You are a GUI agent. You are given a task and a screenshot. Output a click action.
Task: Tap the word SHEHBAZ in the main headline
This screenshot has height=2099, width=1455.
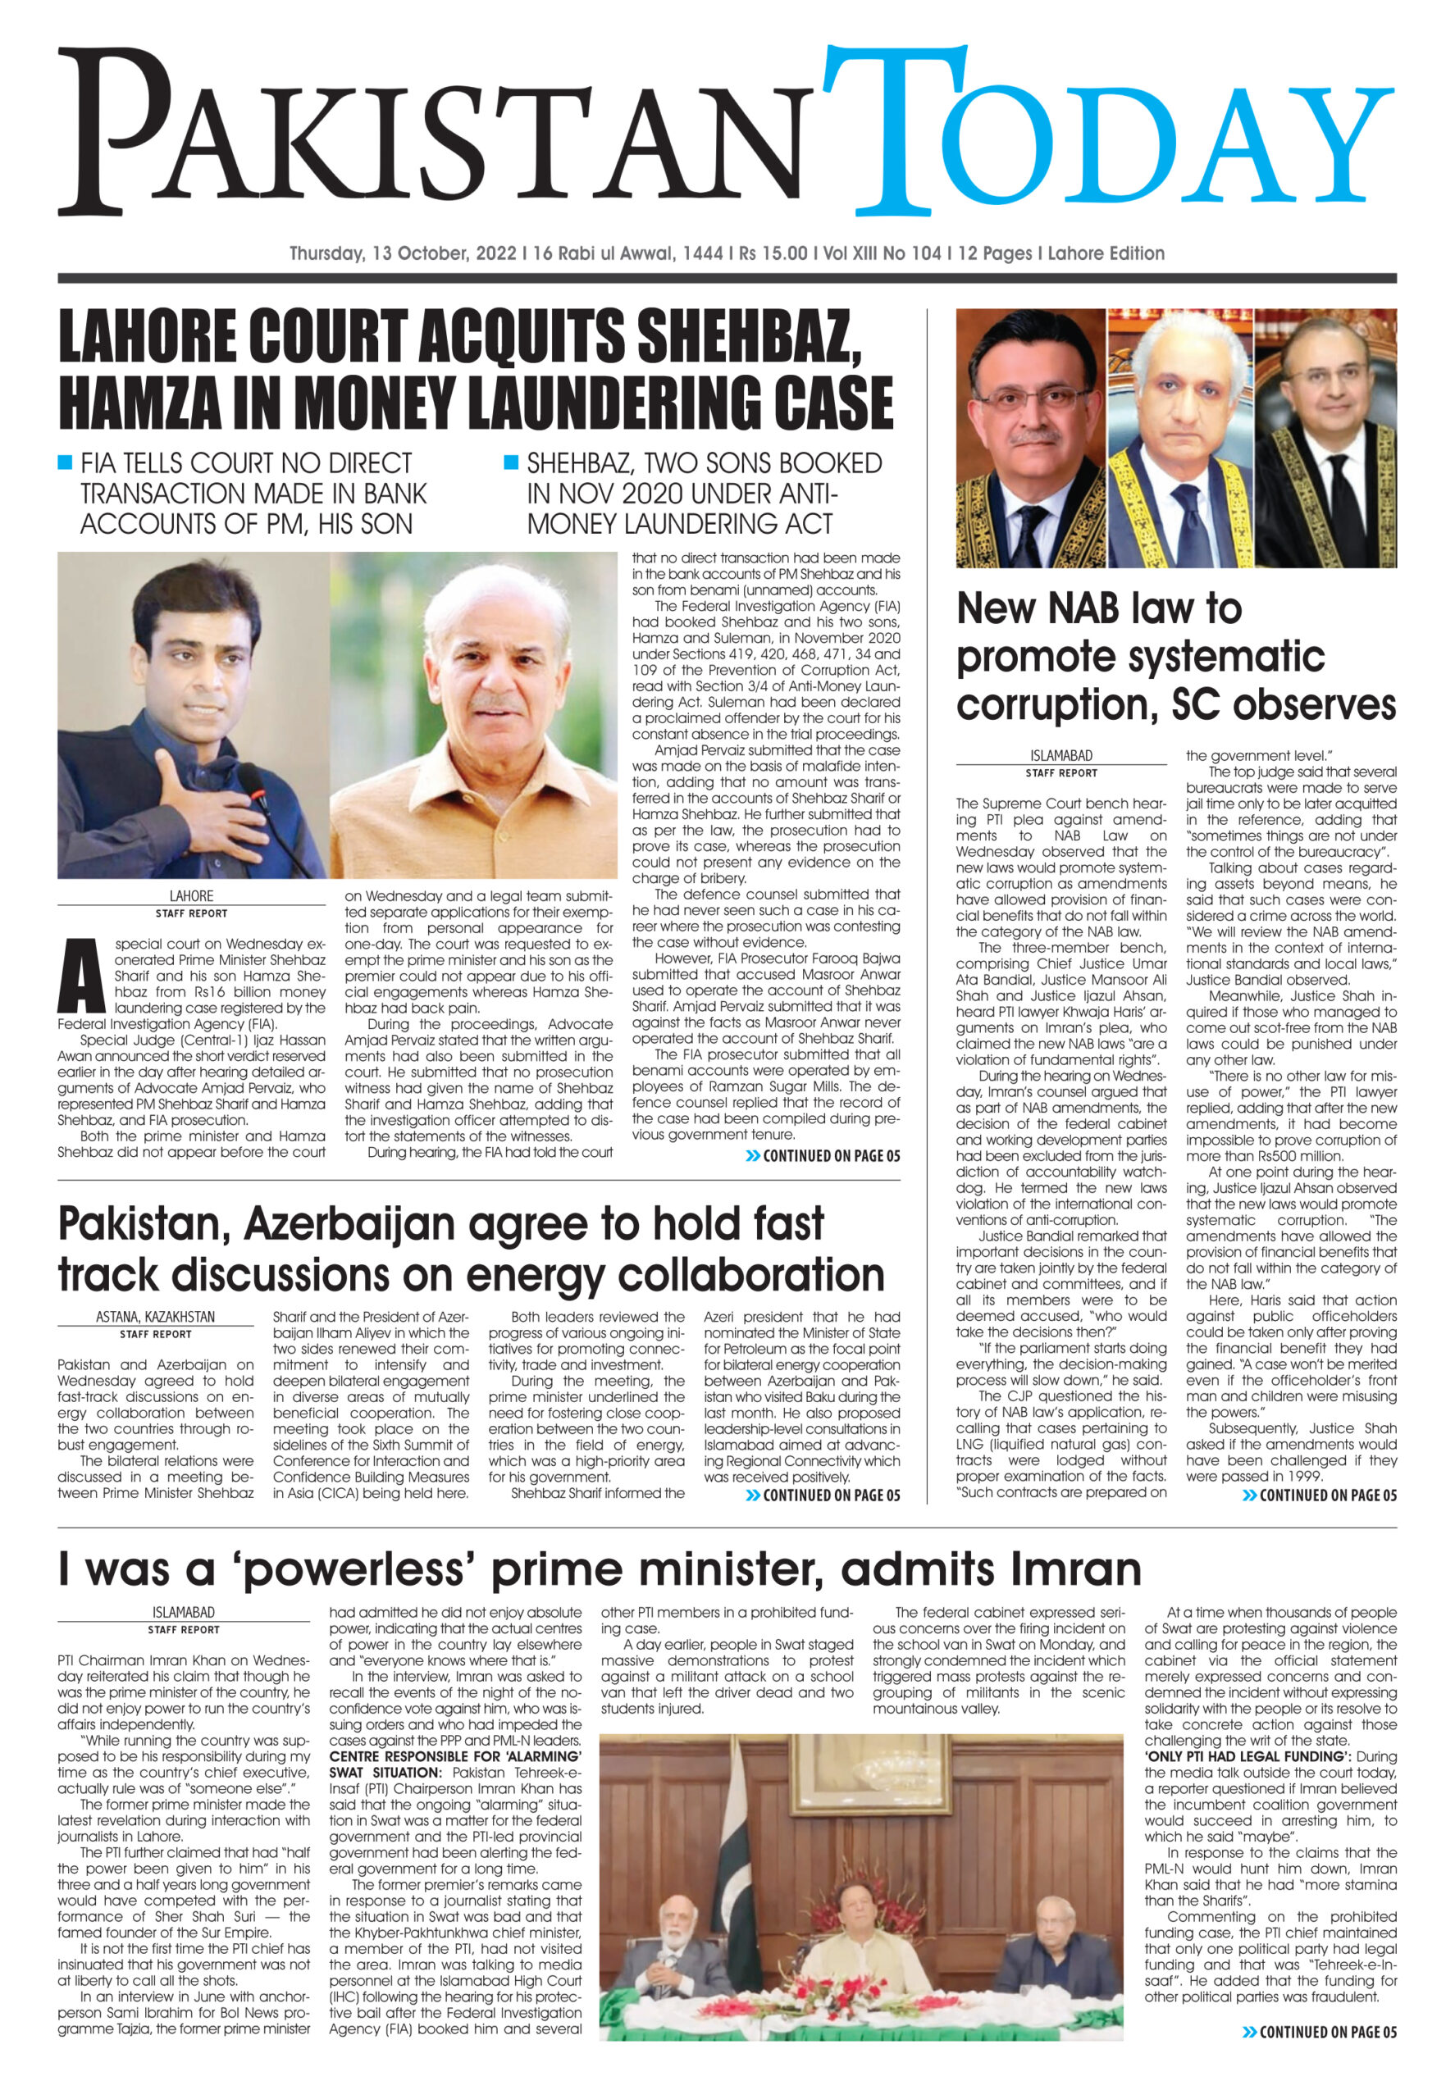pos(749,336)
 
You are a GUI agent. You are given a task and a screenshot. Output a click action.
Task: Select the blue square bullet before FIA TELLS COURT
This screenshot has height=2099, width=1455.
pos(65,462)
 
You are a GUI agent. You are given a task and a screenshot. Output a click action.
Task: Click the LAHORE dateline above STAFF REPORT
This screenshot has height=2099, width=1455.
pos(190,896)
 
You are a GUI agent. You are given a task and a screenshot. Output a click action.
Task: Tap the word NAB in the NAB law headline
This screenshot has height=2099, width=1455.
pos(1071,608)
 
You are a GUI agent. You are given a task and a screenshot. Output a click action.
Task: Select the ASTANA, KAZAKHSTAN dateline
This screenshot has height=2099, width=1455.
pos(155,1317)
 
